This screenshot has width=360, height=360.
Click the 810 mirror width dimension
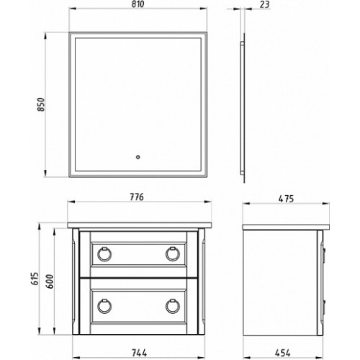[138, 4]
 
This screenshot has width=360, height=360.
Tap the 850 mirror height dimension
[41, 104]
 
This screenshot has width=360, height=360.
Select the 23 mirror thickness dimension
[265, 4]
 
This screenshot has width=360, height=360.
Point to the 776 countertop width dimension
[137, 197]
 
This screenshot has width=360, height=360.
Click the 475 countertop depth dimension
[286, 199]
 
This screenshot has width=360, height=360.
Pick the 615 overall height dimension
[35, 279]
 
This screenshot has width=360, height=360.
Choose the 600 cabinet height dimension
[50, 282]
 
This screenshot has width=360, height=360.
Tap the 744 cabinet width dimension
[139, 353]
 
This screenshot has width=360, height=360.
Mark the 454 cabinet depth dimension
[282, 353]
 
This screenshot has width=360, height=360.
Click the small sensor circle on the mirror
[138, 158]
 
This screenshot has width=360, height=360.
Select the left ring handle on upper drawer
[104, 254]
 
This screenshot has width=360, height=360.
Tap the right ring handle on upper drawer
[173, 254]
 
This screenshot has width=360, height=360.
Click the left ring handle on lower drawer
[104, 306]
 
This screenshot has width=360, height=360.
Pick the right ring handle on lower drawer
[173, 306]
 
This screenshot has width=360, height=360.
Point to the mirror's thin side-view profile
[243, 107]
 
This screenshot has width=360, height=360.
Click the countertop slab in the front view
[140, 225]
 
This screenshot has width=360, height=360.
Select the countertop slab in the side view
[286, 228]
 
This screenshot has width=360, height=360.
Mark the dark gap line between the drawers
[139, 278]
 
